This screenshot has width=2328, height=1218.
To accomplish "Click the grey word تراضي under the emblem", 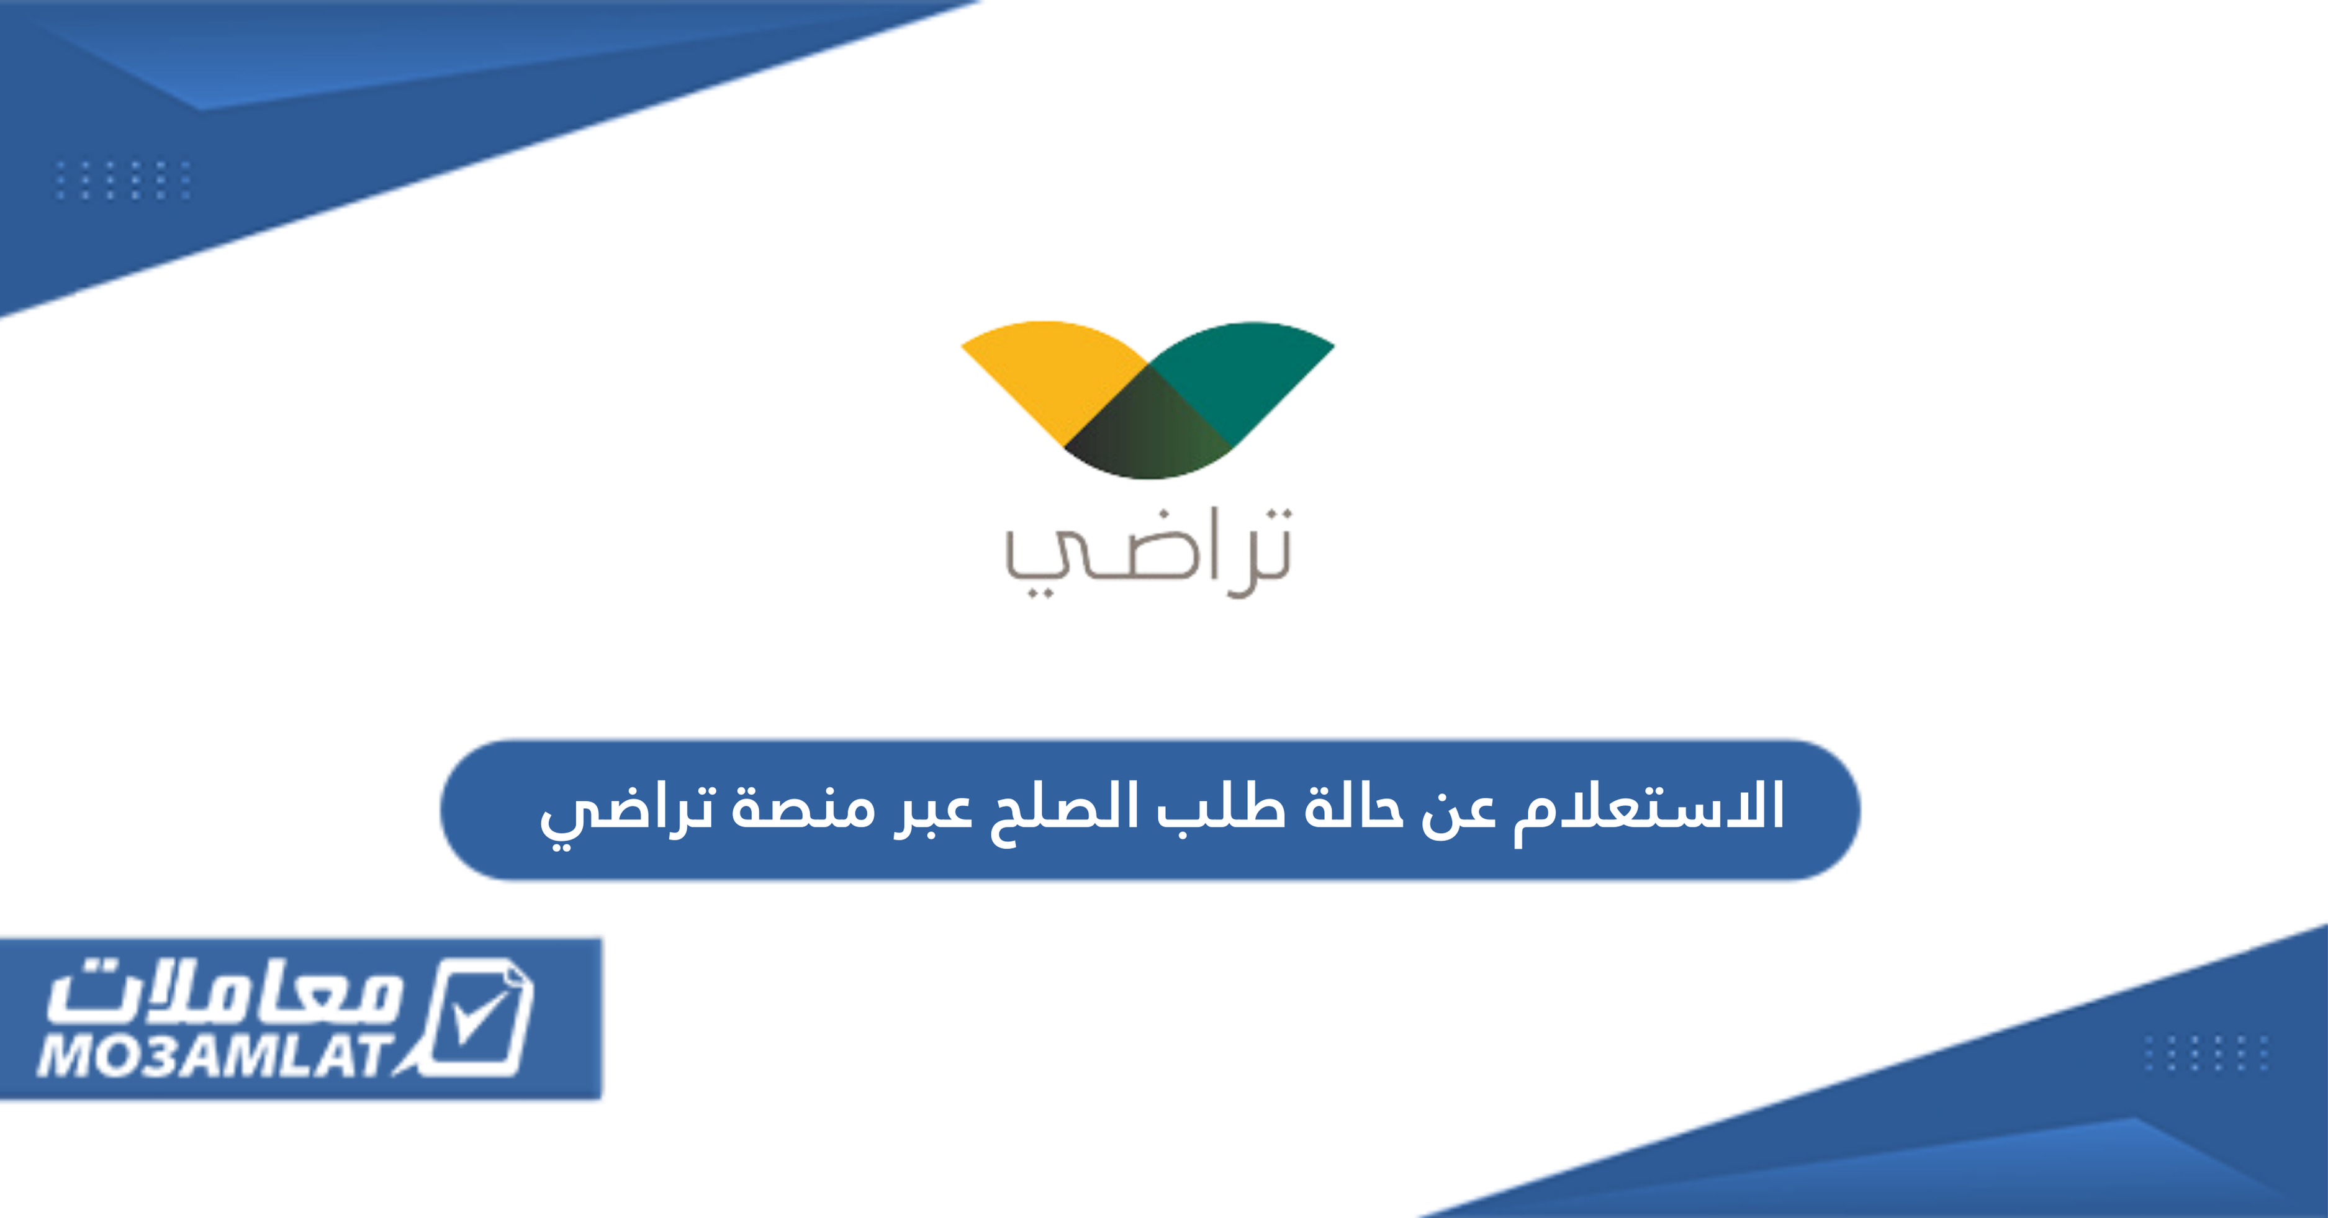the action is point(1148,553).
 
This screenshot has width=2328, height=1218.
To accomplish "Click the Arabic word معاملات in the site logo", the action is point(226,994).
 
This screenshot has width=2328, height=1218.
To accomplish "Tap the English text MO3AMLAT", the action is point(217,1055).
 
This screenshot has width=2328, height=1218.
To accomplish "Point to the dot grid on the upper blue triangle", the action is point(122,180).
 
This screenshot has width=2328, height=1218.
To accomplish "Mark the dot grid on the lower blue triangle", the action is point(2206,1053).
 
